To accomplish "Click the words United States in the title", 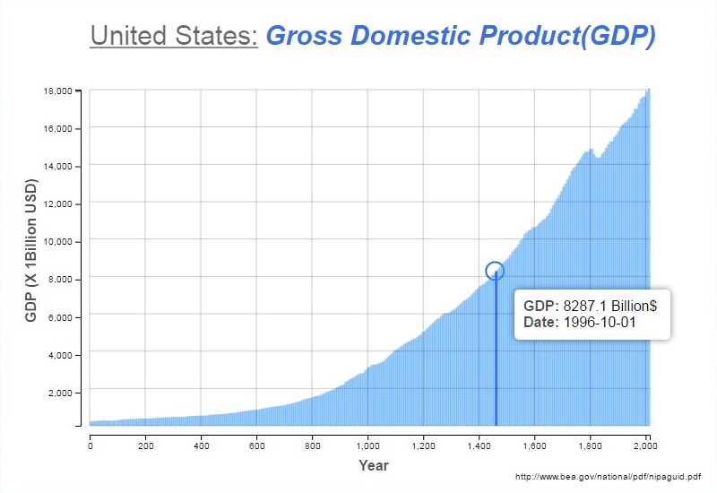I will [174, 36].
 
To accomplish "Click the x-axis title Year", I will [373, 465].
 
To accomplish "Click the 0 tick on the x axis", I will [91, 444].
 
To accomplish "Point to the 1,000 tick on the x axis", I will [367, 444].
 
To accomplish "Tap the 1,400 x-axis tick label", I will [479, 444].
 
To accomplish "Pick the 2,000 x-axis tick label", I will [645, 444].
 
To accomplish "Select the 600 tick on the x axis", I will [256, 444].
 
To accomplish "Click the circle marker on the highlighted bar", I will [495, 271].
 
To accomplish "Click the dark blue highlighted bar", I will [496, 359].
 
